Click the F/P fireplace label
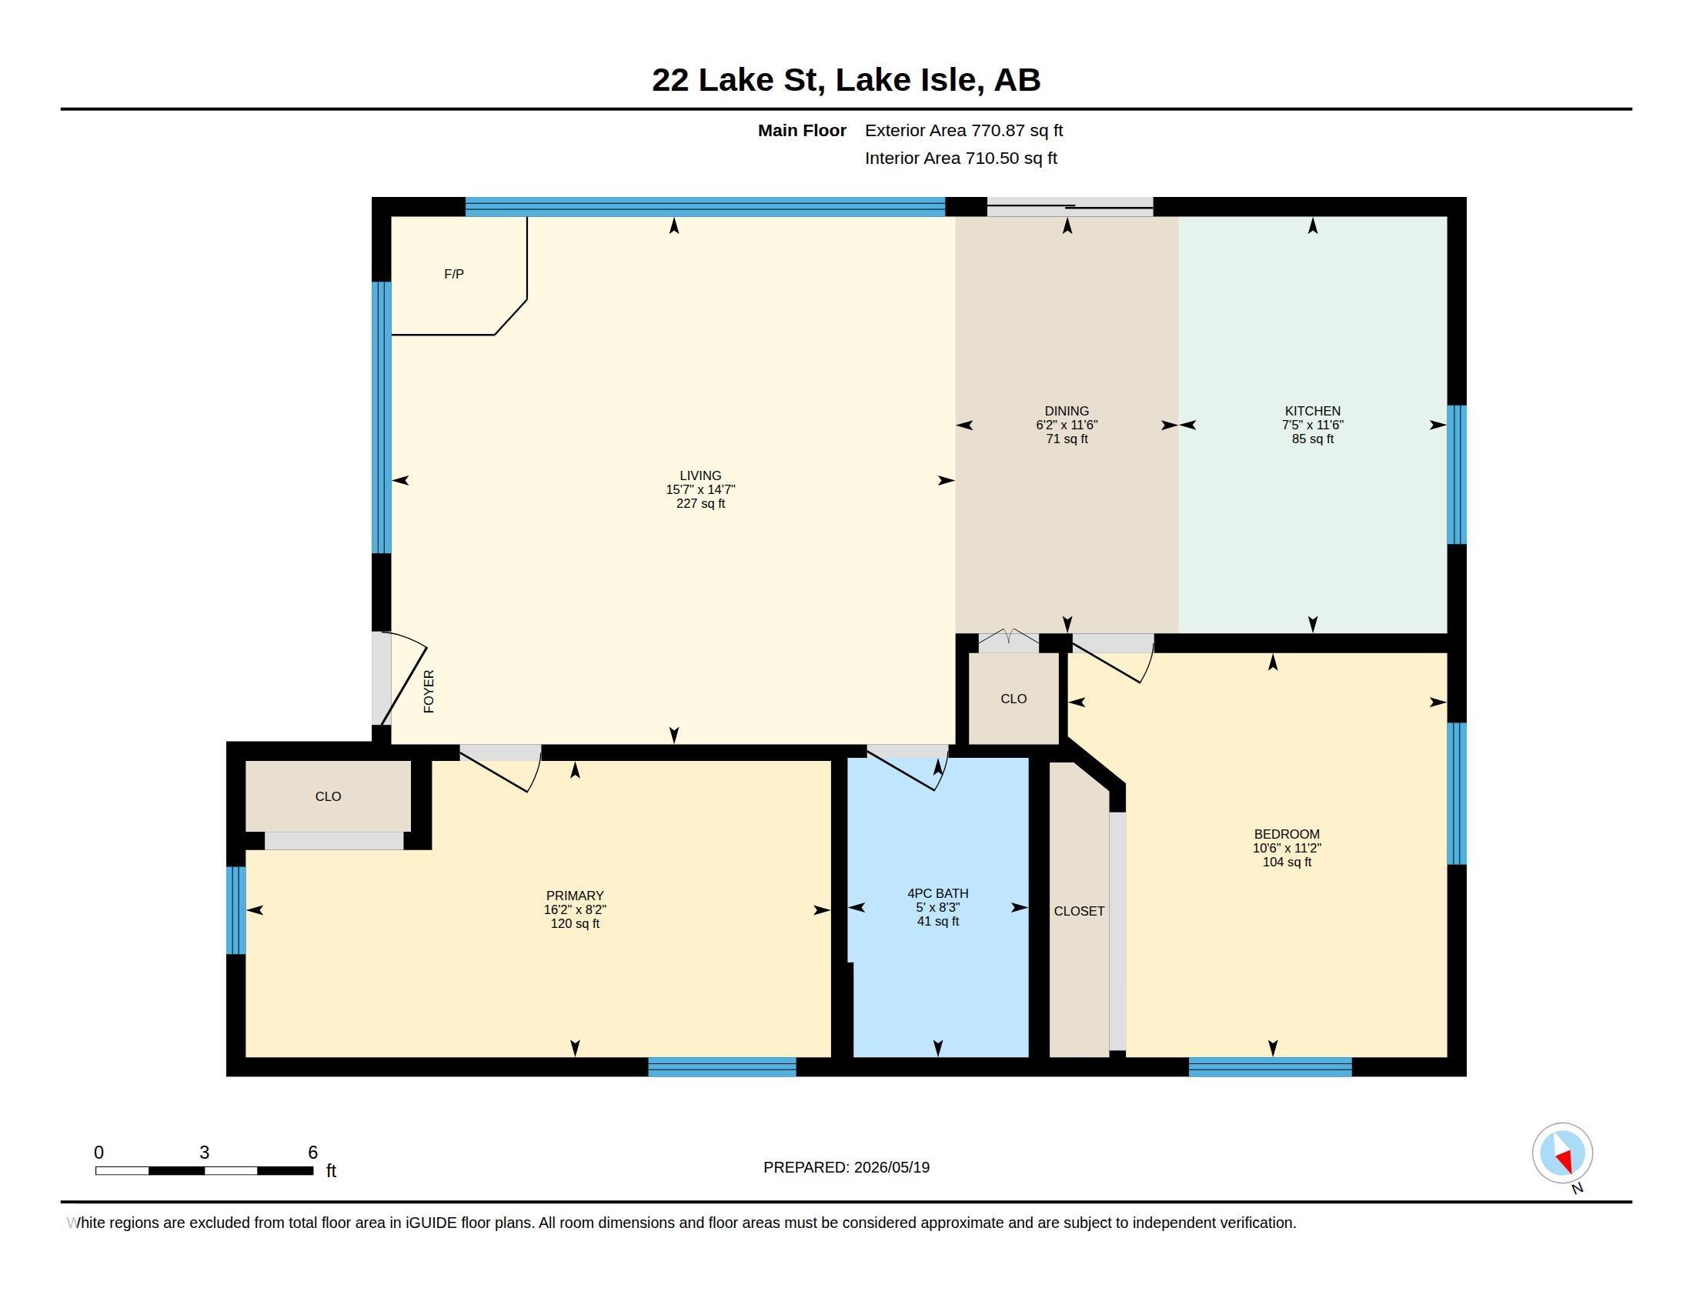pyautogui.click(x=453, y=275)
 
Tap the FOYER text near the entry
pyautogui.click(x=429, y=691)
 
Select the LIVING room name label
pyautogui.click(x=700, y=475)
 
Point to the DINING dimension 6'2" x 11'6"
pyautogui.click(x=1067, y=425)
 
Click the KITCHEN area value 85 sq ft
pyautogui.click(x=1312, y=439)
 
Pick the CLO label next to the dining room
pyautogui.click(x=1013, y=699)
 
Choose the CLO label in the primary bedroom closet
pyautogui.click(x=328, y=796)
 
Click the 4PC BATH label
pyautogui.click(x=938, y=893)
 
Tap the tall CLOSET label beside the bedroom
pyautogui.click(x=1079, y=911)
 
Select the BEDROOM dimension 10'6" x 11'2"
pyautogui.click(x=1287, y=848)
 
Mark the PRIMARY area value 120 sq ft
pyautogui.click(x=574, y=923)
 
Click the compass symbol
pyautogui.click(x=1562, y=1153)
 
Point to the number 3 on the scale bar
pyautogui.click(x=205, y=1153)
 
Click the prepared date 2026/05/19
pyautogui.click(x=891, y=1168)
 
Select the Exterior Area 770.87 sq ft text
pyautogui.click(x=963, y=131)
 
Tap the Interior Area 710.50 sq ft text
pyautogui.click(x=960, y=158)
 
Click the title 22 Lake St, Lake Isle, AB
pyautogui.click(x=846, y=80)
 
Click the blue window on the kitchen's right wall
pyautogui.click(x=1457, y=474)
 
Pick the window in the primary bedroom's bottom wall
pyautogui.click(x=722, y=1067)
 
